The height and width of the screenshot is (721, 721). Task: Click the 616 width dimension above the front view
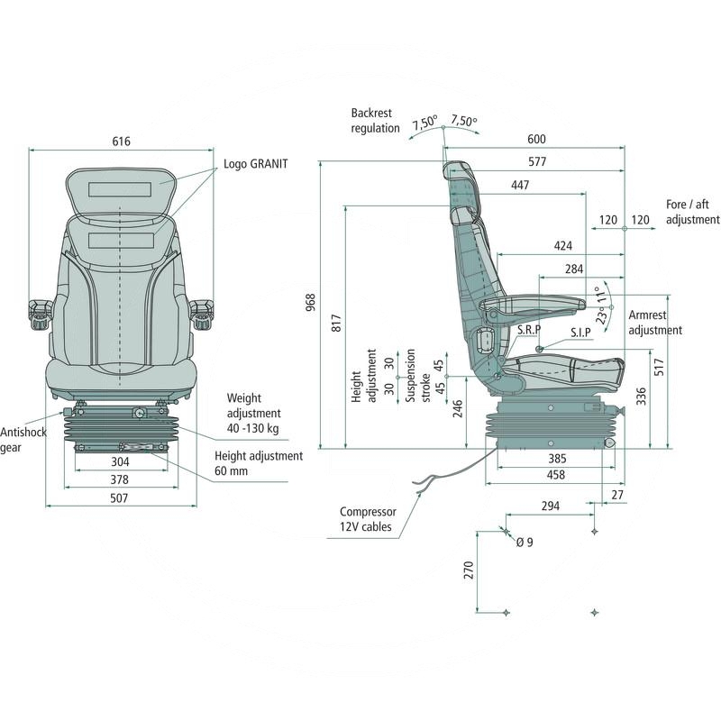point(121,141)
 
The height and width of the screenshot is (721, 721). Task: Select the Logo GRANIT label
point(256,164)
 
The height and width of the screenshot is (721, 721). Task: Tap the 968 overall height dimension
point(311,302)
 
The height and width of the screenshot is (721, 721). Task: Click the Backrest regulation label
point(375,121)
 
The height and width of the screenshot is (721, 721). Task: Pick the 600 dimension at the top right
point(537,139)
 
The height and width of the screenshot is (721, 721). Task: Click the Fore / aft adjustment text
point(692,212)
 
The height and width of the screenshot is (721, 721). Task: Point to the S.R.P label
point(528,331)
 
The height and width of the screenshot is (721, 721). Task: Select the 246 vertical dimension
point(458,409)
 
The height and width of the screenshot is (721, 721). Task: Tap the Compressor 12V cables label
point(366,518)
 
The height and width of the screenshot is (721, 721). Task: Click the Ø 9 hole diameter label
point(524,542)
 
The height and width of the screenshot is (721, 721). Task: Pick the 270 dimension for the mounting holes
point(469,570)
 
